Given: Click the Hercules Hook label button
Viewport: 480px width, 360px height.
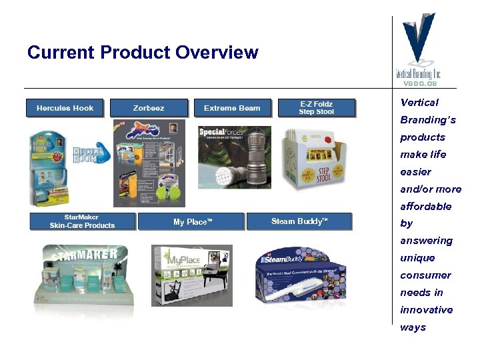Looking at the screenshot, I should pos(65,108).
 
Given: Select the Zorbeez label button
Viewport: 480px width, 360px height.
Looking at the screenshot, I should pos(148,108).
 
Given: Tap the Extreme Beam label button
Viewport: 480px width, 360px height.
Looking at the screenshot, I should pos(232,108).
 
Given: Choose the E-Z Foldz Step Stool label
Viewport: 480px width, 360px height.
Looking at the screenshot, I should pos(316,108).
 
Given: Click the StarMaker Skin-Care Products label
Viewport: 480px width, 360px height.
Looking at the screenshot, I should pos(82,221).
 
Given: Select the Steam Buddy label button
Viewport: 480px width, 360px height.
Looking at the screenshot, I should pos(299,221).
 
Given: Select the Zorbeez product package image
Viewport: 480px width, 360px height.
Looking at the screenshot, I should pos(148,163).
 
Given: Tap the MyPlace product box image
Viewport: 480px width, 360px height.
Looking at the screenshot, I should pos(192,273).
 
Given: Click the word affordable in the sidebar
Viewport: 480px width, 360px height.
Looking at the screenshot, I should pos(425,206).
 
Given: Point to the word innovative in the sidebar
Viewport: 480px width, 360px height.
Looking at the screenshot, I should pos(426,310).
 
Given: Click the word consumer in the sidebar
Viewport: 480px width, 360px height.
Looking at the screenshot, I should pos(425,275).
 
